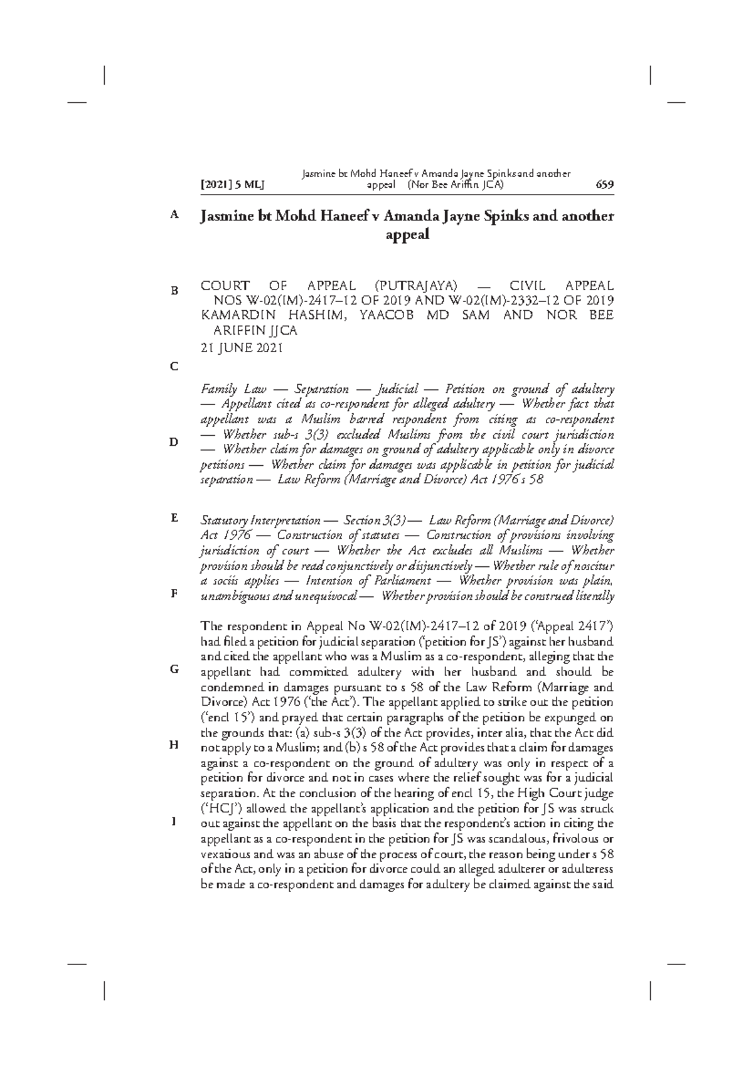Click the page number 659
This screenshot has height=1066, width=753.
coord(604,185)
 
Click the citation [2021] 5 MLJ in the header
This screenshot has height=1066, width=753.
coord(232,185)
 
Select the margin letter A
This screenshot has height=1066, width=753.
coord(174,214)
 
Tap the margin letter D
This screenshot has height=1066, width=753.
coord(174,442)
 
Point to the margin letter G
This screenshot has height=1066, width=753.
coord(174,669)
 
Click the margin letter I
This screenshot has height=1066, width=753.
coord(174,821)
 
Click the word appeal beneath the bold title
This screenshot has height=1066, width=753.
coord(407,235)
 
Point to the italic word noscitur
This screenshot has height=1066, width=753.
coord(591,566)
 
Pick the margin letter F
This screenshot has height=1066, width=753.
coord(174,593)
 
